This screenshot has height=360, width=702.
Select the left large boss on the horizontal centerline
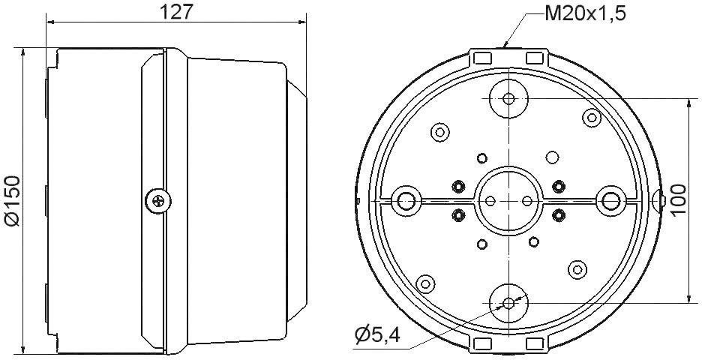(406, 200)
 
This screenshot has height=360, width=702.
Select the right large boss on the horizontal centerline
(611, 200)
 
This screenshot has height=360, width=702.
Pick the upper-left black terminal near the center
(457, 186)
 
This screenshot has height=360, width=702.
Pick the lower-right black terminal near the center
(558, 215)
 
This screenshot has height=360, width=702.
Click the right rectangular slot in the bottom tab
(535, 343)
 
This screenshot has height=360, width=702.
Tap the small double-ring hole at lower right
(577, 269)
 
